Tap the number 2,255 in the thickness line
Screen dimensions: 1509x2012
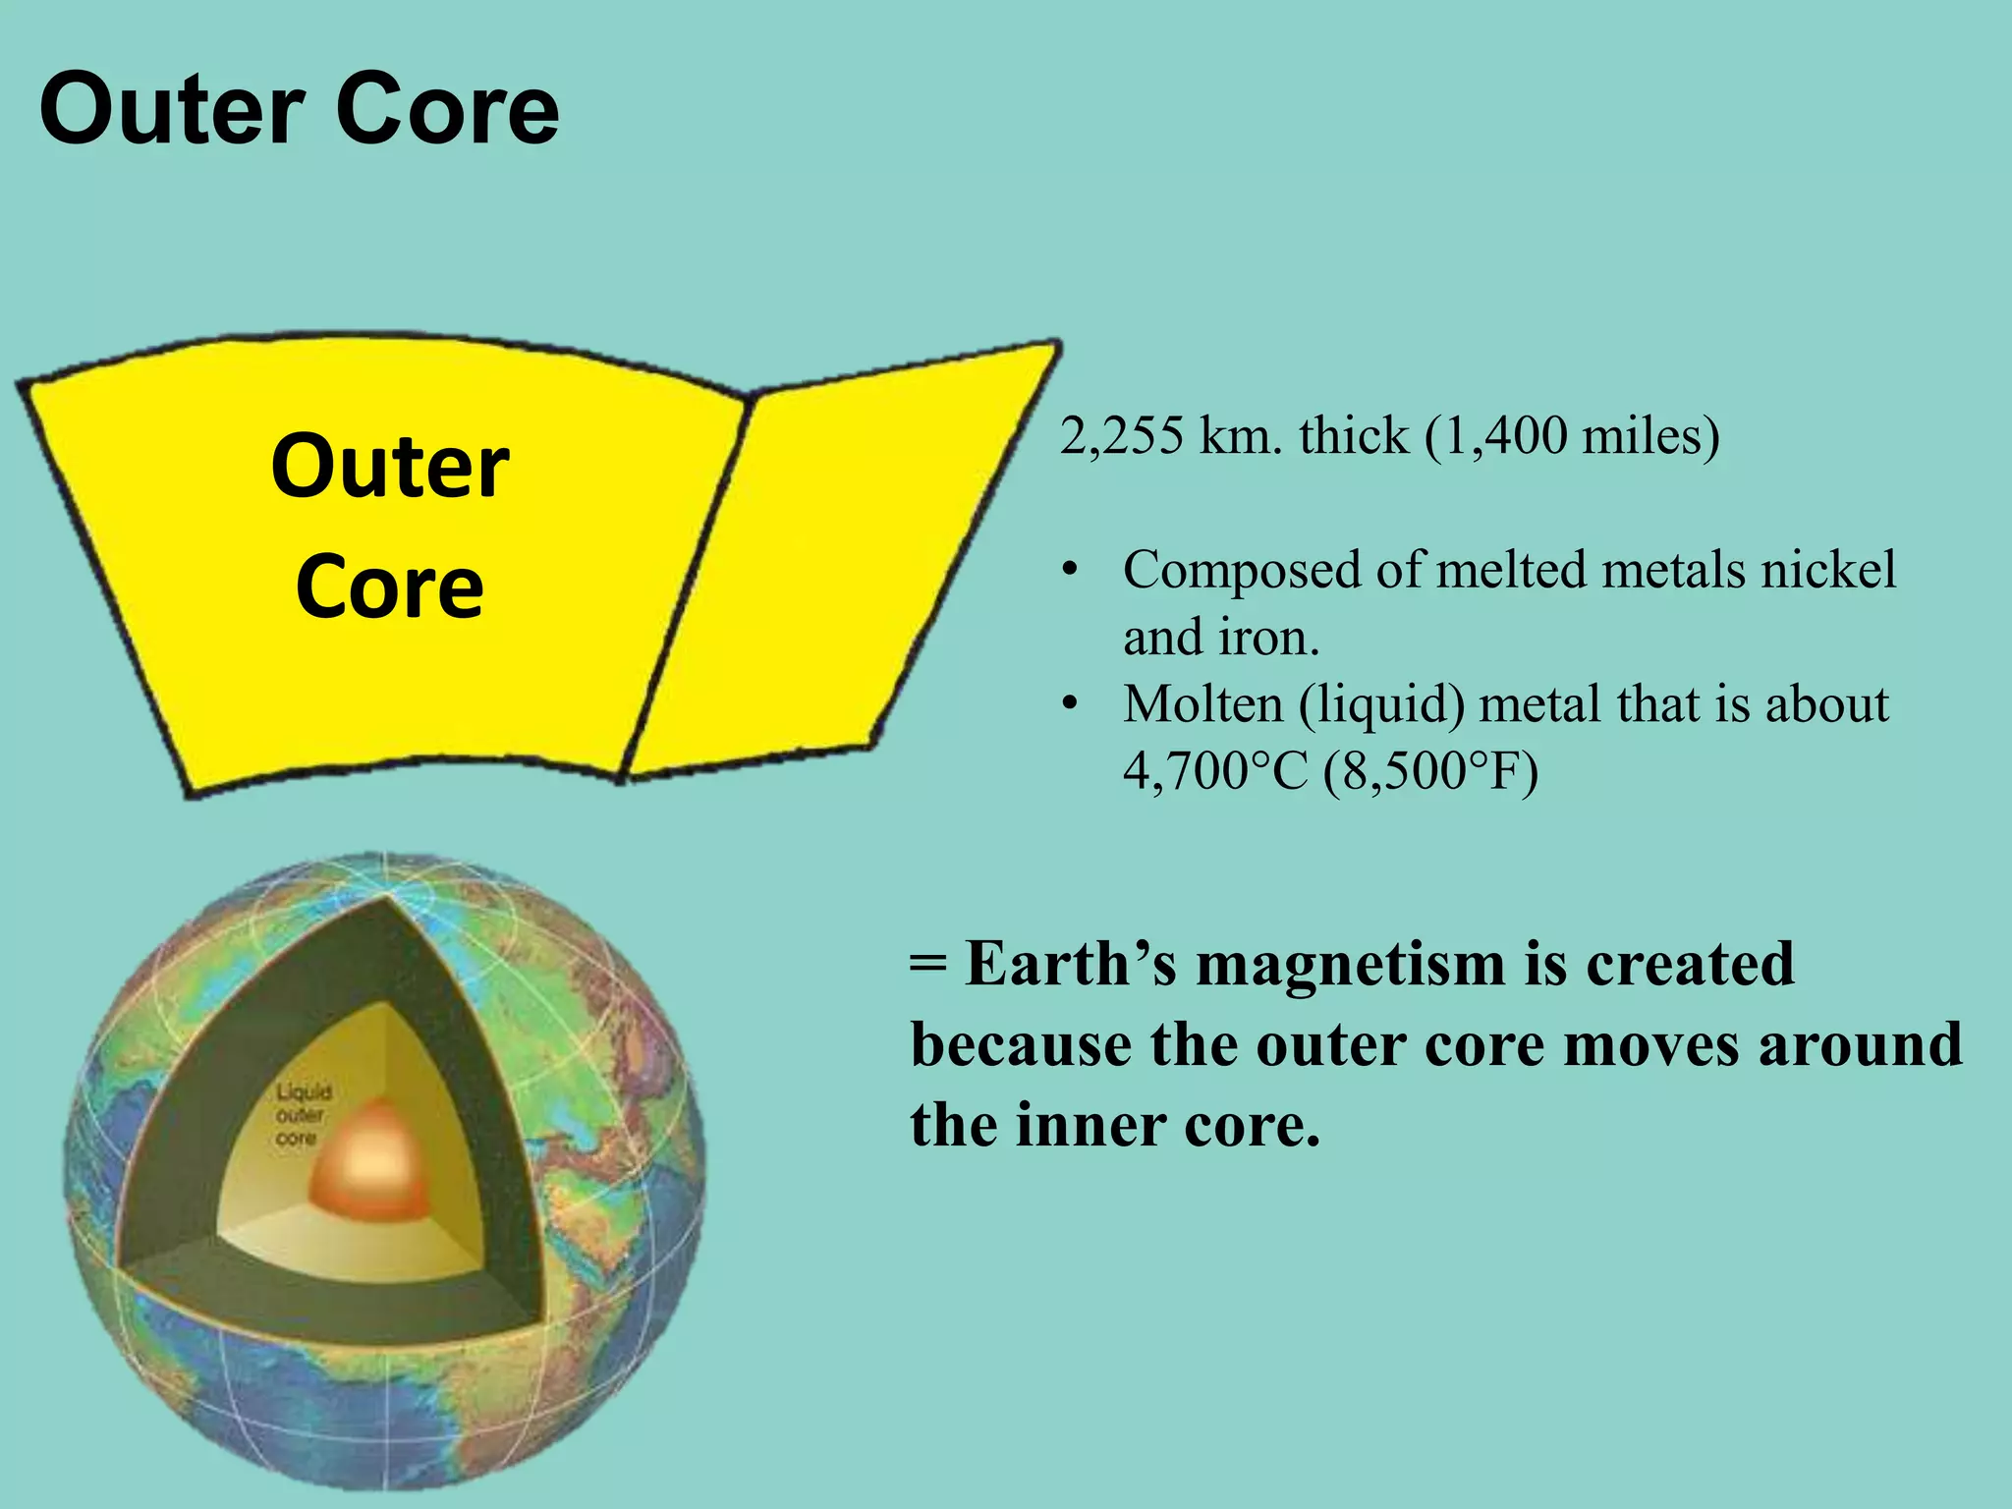tap(1121, 435)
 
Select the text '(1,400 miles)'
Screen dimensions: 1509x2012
tap(1572, 435)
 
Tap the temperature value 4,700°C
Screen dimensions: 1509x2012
tap(1215, 771)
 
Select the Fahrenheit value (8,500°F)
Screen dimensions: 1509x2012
tap(1430, 771)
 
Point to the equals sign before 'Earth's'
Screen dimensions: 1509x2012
tap(928, 964)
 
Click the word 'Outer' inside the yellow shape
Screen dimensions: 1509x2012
tap(390, 467)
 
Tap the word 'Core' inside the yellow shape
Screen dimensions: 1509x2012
tap(390, 587)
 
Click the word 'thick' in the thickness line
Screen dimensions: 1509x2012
tap(1354, 435)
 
